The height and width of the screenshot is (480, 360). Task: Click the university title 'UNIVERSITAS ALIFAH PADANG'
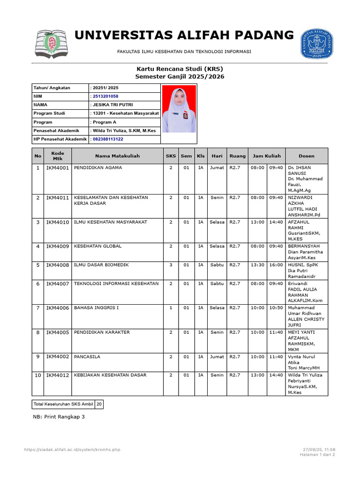tap(184, 35)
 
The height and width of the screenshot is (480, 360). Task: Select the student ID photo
tap(179, 109)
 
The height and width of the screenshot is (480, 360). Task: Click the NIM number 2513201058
tap(105, 96)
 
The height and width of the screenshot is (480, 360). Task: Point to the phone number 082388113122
tap(108, 139)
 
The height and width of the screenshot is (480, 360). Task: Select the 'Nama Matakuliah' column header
tap(117, 156)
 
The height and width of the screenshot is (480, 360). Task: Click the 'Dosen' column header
tap(307, 156)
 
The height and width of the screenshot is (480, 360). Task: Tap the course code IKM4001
tap(57, 167)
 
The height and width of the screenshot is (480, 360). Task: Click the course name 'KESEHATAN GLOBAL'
tap(97, 246)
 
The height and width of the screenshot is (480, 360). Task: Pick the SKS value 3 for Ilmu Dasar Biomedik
tap(171, 265)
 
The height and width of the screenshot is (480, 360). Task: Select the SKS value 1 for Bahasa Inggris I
tap(171, 308)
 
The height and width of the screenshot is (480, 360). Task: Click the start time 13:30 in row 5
tap(257, 265)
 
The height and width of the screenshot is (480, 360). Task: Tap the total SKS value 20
tap(99, 404)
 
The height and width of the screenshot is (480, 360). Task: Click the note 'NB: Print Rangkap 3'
tap(59, 417)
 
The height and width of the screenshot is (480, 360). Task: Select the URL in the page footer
tap(72, 450)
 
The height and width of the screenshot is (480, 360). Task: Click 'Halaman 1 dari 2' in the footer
tap(317, 455)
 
